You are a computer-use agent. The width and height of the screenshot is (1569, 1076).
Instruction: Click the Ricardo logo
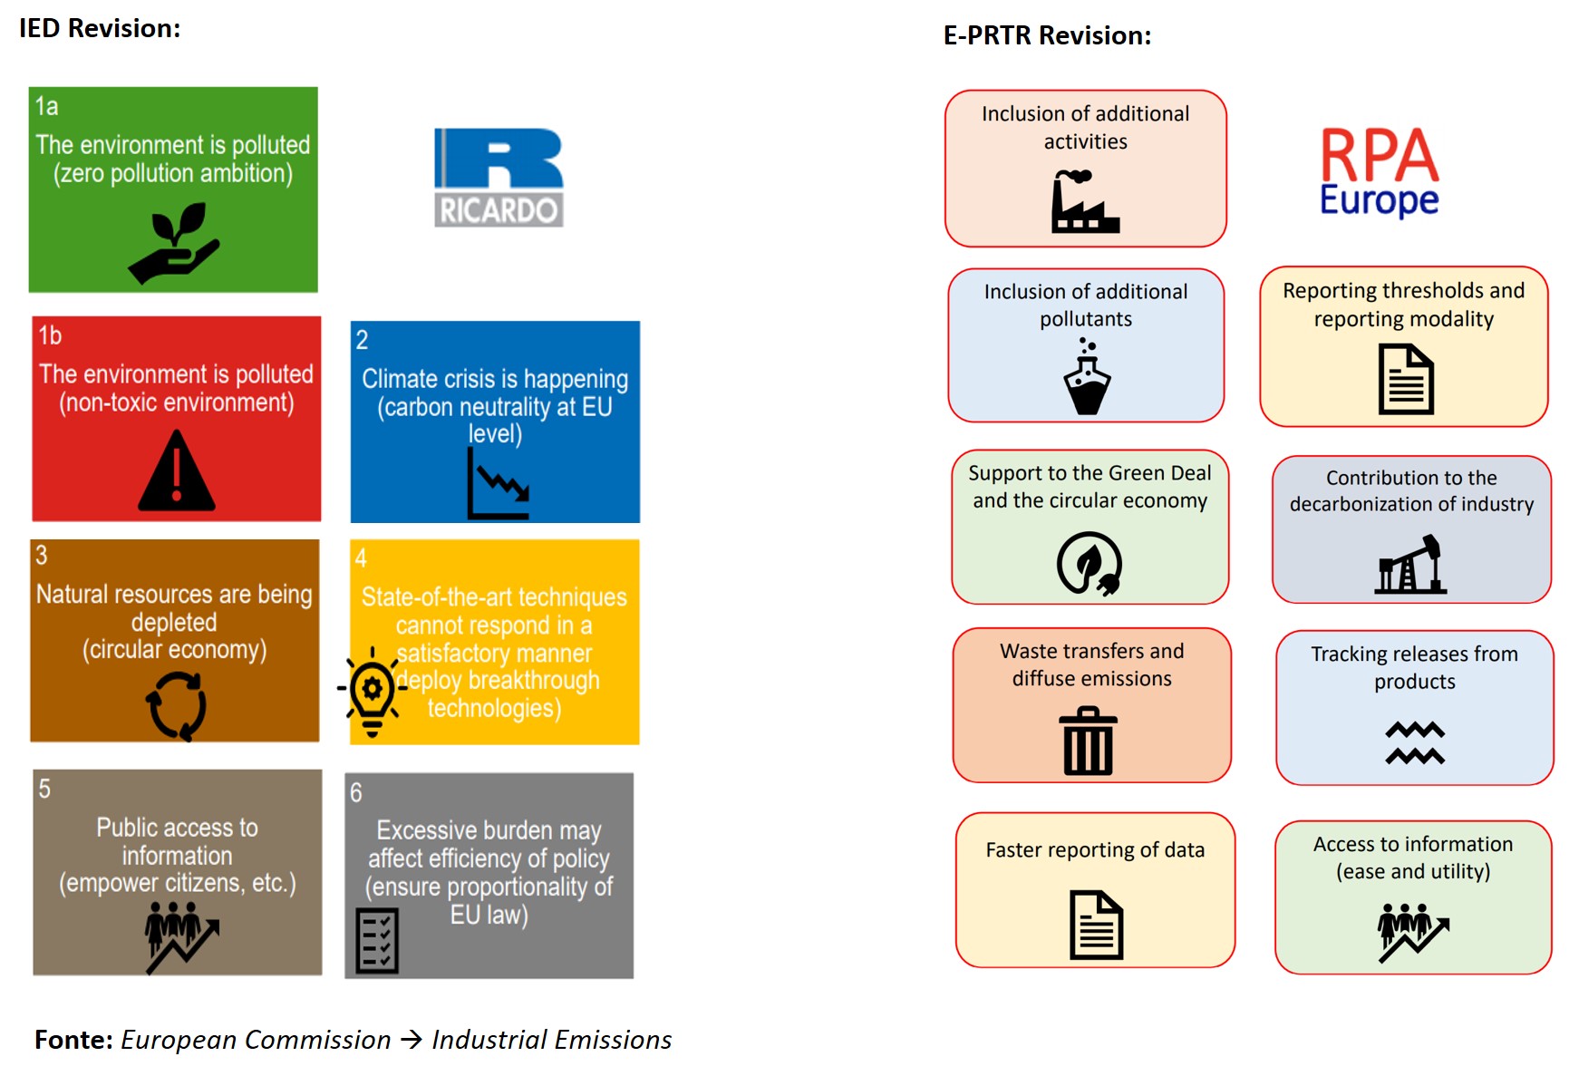[x=499, y=177]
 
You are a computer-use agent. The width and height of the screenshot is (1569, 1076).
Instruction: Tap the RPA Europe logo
[x=1379, y=172]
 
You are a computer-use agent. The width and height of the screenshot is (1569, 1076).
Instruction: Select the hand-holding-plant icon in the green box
[x=174, y=243]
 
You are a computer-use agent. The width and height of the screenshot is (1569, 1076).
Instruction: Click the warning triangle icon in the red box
[x=177, y=470]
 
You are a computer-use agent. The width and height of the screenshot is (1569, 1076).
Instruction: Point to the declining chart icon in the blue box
[x=498, y=485]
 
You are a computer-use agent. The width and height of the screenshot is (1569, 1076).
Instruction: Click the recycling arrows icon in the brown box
[x=177, y=705]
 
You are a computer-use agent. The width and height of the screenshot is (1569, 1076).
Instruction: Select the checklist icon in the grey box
[x=377, y=941]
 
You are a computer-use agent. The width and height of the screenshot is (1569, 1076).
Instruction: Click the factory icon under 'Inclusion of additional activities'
[x=1085, y=202]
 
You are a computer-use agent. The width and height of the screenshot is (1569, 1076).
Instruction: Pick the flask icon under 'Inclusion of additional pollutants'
[x=1087, y=376]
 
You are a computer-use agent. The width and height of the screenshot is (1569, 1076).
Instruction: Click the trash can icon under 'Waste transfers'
[x=1088, y=742]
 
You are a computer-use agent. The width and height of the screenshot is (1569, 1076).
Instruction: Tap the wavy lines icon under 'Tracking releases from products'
[x=1415, y=743]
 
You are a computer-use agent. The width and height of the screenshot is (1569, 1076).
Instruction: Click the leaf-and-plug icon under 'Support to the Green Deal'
[x=1090, y=564]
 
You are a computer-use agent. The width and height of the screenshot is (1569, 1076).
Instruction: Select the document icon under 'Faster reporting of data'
[x=1097, y=925]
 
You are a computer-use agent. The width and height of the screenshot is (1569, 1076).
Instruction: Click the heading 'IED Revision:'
[x=100, y=28]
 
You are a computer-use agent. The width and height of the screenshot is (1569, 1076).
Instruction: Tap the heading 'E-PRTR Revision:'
[x=1048, y=35]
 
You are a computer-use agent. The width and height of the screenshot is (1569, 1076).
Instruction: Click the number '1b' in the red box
[x=50, y=335]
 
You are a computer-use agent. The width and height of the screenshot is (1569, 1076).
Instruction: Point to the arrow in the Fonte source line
[x=412, y=1039]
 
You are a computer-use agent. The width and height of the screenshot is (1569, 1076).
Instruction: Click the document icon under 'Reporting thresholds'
[x=1406, y=379]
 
